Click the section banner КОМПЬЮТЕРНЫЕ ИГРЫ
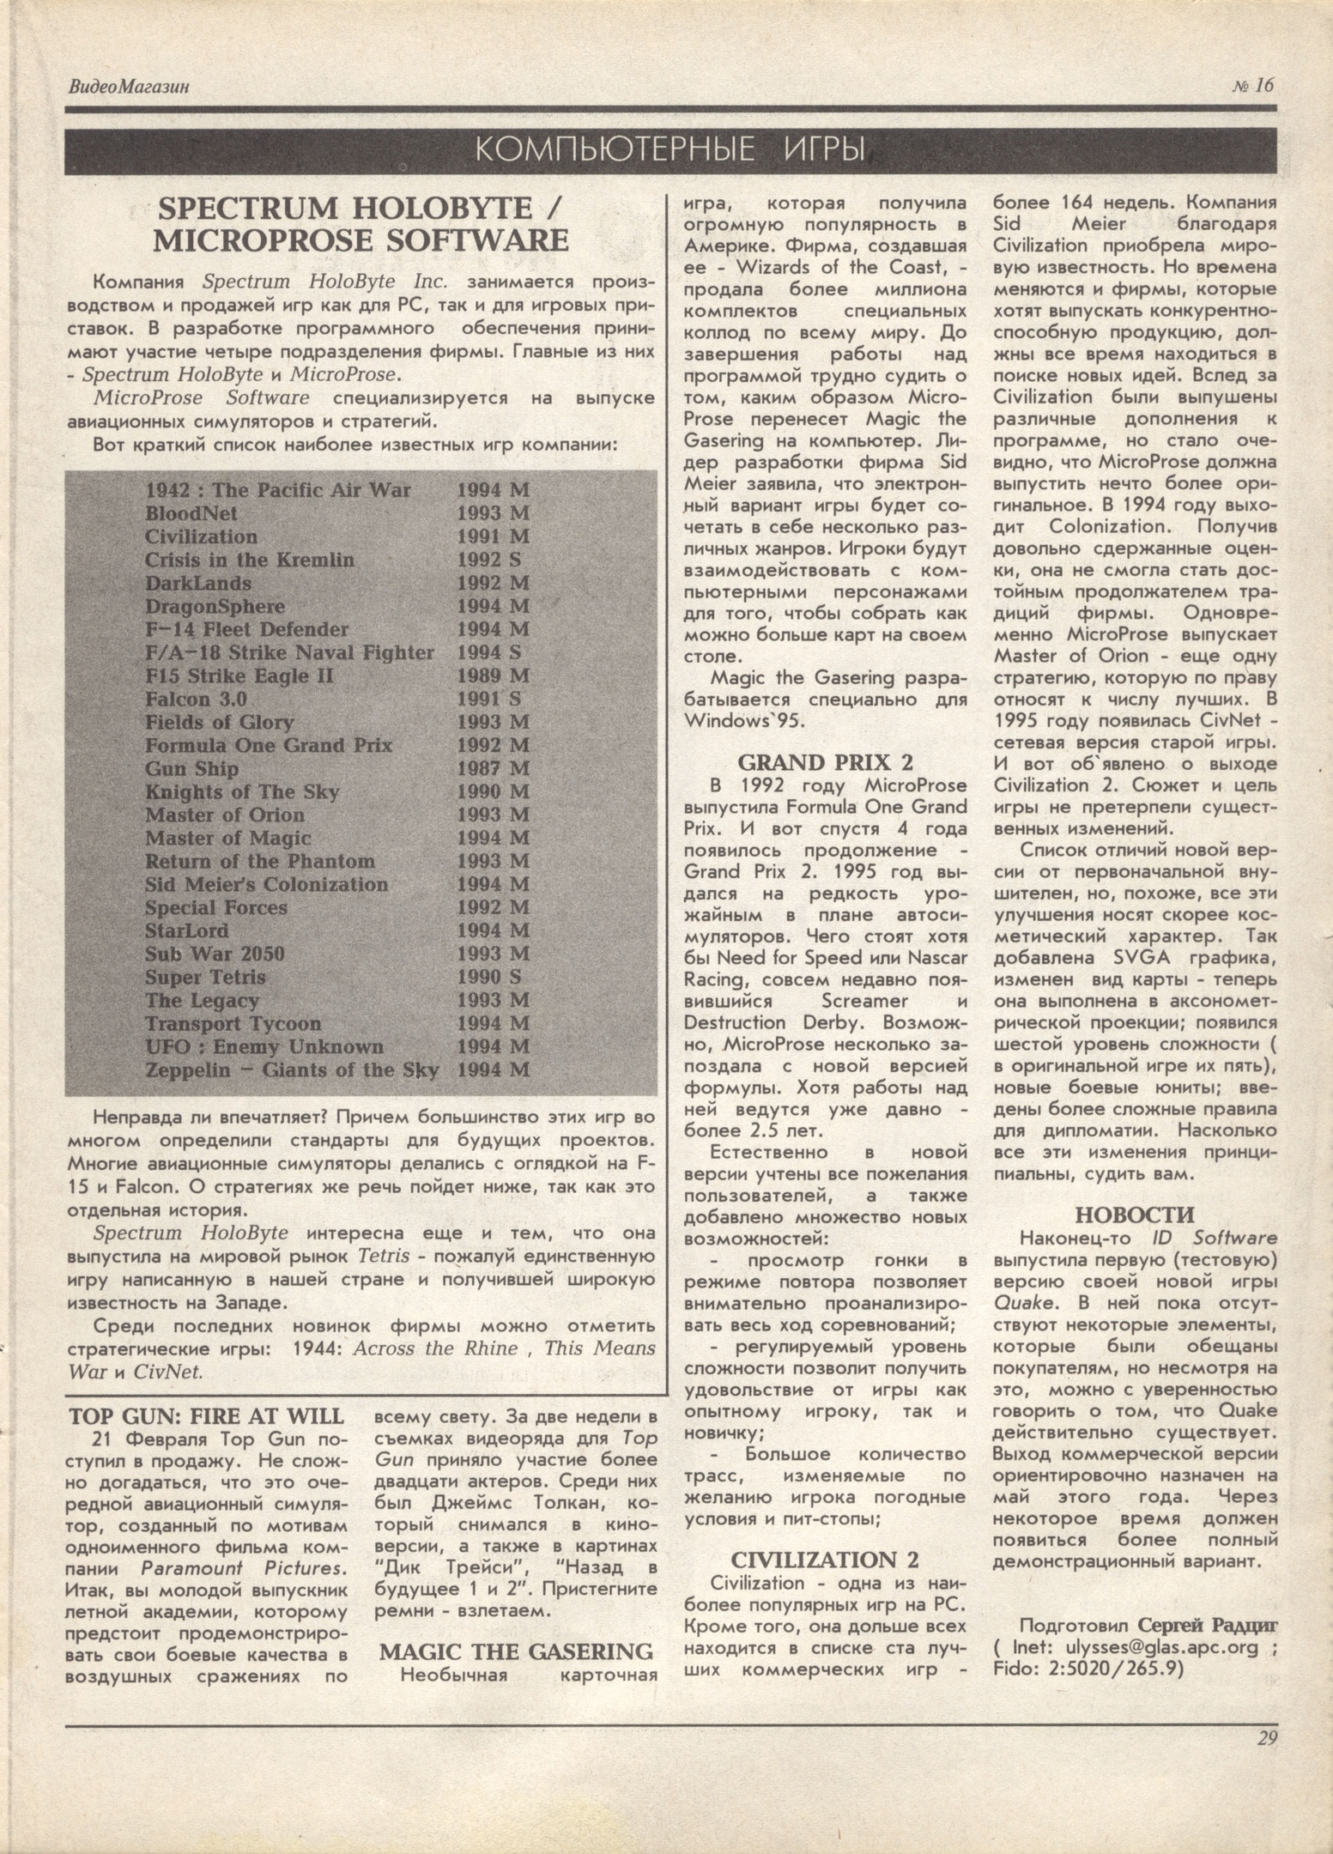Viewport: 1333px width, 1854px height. coord(670,150)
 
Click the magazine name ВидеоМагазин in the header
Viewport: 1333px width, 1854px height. coord(129,87)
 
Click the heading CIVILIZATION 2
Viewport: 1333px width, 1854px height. coord(825,1560)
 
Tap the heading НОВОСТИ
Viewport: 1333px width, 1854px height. coord(1135,1215)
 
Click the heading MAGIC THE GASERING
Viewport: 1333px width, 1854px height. coord(516,1651)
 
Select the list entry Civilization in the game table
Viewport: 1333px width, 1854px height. coord(201,537)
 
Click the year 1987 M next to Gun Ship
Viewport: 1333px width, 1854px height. coord(493,769)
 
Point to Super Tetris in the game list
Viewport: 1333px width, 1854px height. coord(205,978)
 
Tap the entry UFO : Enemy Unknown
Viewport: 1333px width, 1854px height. coord(264,1047)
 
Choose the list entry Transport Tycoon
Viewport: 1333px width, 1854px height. coord(233,1024)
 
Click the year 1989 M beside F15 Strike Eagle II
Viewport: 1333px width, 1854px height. coord(493,676)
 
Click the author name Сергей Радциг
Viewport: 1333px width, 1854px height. coord(1208,1625)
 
